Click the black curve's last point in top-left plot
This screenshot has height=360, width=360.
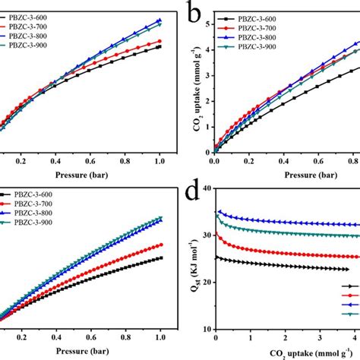159,47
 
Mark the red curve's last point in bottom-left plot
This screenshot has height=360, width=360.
159,245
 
